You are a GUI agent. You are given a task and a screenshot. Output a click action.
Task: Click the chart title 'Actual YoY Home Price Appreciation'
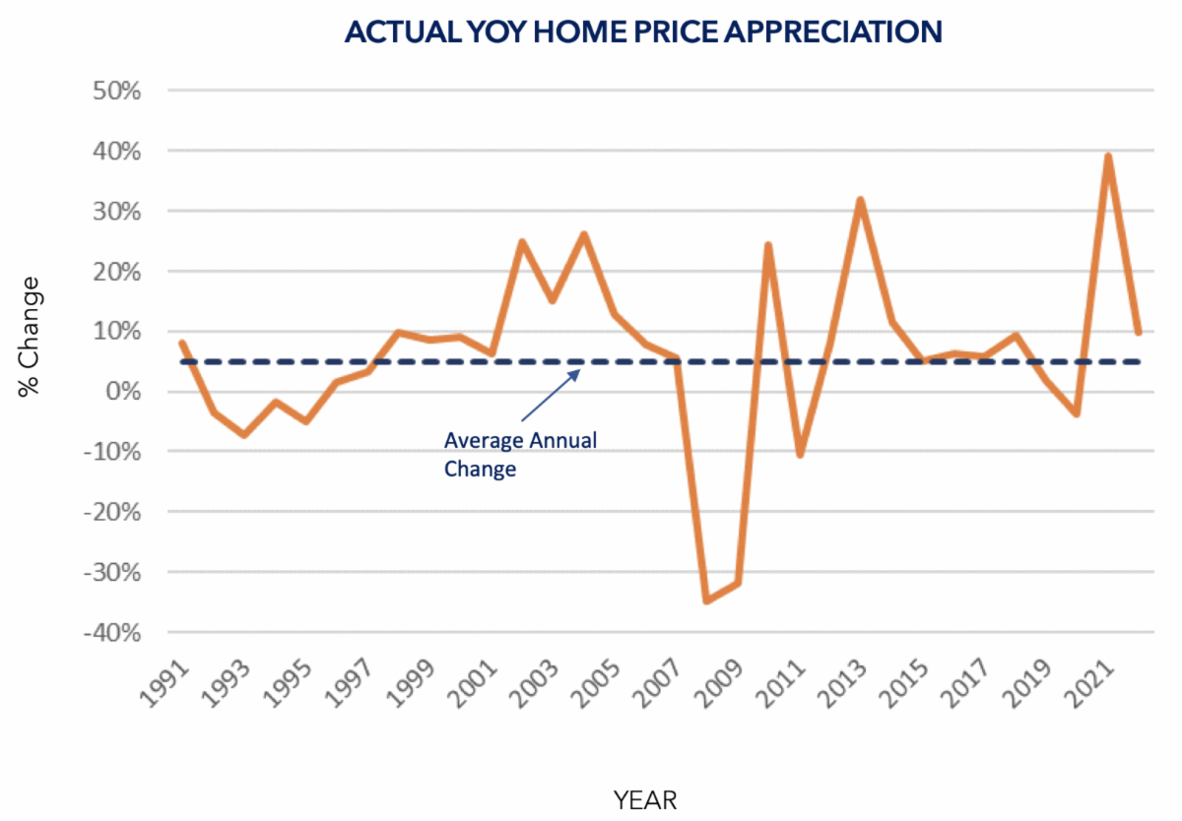[643, 32]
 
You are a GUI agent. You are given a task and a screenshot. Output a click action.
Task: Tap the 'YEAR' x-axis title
[645, 798]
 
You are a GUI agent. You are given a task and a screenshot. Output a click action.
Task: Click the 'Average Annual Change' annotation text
[519, 454]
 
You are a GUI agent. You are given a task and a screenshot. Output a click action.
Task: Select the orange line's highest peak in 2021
[1108, 156]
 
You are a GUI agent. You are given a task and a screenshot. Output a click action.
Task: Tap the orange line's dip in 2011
[800, 455]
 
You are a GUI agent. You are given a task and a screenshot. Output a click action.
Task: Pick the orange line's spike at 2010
[768, 244]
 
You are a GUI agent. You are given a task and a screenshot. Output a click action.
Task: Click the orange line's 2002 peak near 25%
[522, 241]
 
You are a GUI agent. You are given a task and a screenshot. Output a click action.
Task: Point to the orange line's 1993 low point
[244, 434]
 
